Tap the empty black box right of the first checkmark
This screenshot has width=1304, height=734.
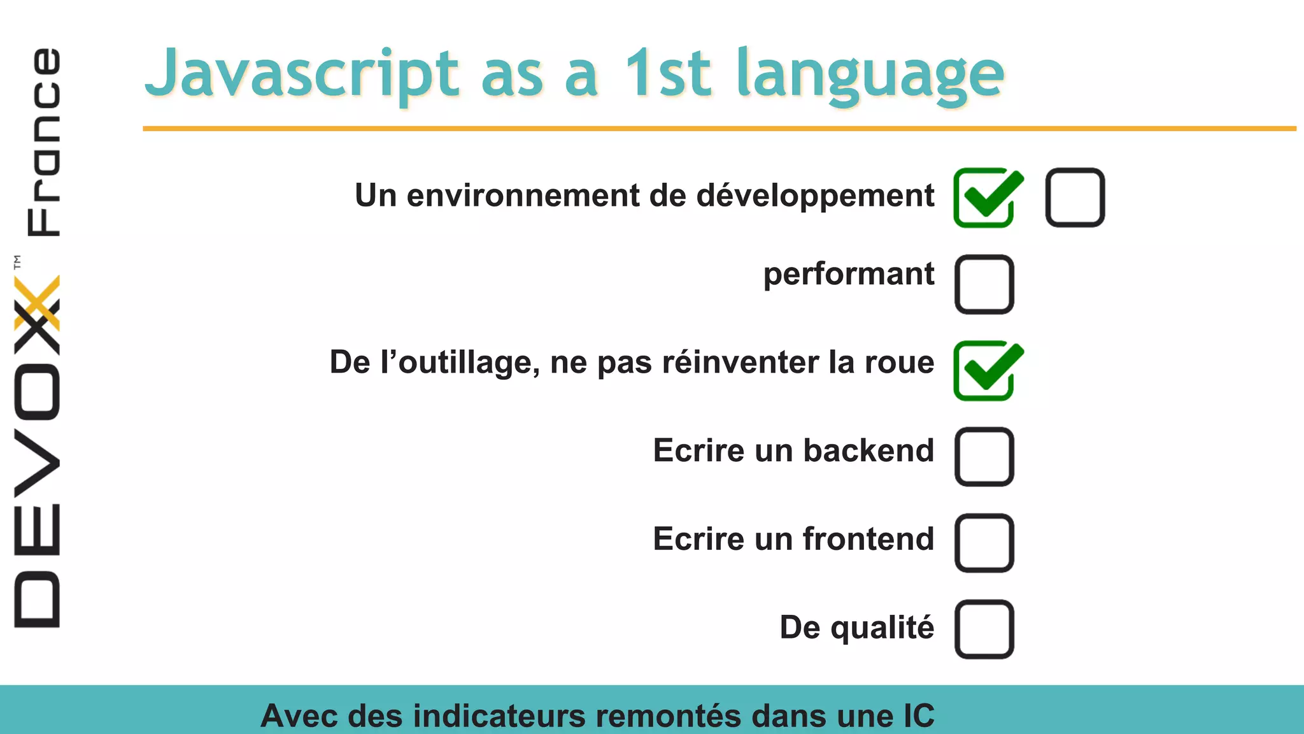coord(1075,198)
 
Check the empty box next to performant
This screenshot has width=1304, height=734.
coord(984,284)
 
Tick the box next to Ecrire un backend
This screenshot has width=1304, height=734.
coord(984,457)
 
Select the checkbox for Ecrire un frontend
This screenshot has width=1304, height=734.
coord(984,543)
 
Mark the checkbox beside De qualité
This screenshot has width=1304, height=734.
coord(984,629)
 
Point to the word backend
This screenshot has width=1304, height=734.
coord(868,450)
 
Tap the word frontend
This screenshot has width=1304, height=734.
coord(868,539)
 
